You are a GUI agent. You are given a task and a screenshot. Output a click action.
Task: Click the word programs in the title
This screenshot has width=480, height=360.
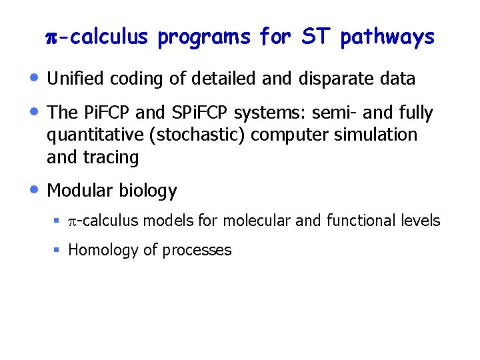click(x=203, y=37)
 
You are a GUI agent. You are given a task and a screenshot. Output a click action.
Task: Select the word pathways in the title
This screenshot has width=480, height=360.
click(x=387, y=37)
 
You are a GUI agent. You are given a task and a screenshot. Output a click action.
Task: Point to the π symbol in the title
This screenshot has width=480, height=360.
click(x=53, y=37)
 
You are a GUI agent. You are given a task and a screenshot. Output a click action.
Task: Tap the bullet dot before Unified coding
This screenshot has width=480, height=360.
click(x=34, y=77)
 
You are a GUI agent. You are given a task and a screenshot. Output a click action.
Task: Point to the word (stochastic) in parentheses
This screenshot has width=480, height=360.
click(x=209, y=135)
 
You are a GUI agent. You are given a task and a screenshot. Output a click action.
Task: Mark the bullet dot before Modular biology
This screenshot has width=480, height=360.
click(x=34, y=189)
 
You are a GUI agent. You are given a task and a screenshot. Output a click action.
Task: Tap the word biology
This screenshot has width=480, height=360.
click(x=148, y=191)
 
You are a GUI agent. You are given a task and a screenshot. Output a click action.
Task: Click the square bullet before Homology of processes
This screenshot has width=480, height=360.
click(x=57, y=250)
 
